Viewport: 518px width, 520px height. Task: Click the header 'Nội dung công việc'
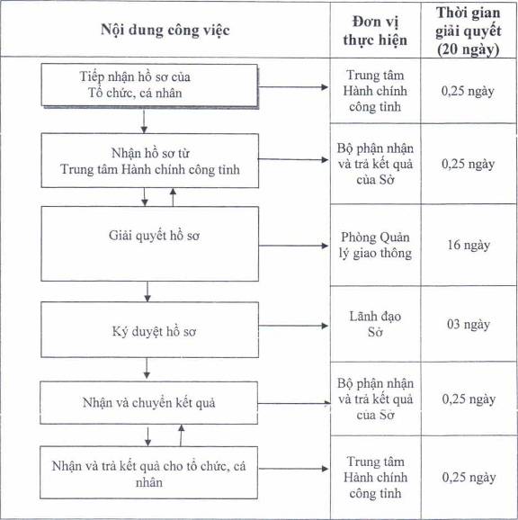165,31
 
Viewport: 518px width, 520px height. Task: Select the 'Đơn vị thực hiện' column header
375,31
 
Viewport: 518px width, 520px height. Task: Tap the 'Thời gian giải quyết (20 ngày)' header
468,31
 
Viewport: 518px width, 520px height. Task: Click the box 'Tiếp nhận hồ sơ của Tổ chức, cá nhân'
149,85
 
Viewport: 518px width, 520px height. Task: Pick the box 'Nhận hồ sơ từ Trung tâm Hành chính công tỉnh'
150,160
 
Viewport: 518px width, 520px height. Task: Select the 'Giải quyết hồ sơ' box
150,244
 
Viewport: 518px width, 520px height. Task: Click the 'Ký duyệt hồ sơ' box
150,329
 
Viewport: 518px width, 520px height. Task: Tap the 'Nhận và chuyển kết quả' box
148,403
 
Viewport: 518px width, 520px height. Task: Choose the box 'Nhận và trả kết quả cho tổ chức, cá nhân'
148,472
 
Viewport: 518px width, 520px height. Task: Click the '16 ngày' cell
469,245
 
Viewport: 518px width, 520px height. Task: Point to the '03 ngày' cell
469,324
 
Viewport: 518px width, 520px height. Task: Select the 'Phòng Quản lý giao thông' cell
375,245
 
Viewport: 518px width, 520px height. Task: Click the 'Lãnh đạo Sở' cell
375,324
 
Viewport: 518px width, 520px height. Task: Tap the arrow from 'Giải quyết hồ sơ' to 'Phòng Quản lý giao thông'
294,246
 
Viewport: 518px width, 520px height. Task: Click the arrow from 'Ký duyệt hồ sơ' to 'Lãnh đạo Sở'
294,326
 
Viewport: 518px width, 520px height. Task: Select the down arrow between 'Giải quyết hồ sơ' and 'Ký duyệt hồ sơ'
147,291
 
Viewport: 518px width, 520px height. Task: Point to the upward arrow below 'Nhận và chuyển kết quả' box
181,435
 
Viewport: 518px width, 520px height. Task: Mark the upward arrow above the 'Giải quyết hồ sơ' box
173,197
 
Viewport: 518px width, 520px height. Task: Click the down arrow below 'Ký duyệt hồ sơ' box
147,369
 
